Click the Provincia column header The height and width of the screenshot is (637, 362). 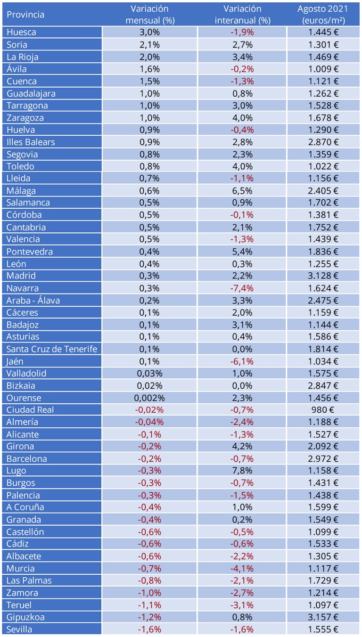coord(25,15)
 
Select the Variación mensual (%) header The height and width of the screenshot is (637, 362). coord(149,15)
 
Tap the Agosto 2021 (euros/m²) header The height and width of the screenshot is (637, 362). coord(323,15)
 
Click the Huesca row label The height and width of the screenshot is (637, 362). coord(21,33)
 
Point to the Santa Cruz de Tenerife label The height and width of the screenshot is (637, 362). coord(52,349)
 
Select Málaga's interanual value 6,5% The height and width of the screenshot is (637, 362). coord(242,191)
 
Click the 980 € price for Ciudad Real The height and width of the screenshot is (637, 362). coord(323,410)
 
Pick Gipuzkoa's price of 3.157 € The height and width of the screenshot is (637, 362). coord(323,617)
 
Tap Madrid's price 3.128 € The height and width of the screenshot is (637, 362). coord(323,276)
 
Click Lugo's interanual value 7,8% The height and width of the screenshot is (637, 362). coord(242,471)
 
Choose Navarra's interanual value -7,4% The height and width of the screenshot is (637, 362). coord(242,288)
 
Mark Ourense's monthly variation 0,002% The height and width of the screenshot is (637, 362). coord(149,398)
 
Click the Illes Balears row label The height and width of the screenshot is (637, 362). coord(31,142)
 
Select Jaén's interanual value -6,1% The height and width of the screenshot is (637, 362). coord(242,361)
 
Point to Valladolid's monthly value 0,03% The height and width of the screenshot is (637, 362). coord(149,374)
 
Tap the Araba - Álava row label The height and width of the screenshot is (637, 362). coord(33,301)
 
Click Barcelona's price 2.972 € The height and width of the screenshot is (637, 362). coord(323,458)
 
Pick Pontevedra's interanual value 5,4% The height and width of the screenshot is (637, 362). coord(242,252)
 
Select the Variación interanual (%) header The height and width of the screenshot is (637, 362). coord(242,15)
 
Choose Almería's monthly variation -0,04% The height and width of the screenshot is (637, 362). coord(149,422)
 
